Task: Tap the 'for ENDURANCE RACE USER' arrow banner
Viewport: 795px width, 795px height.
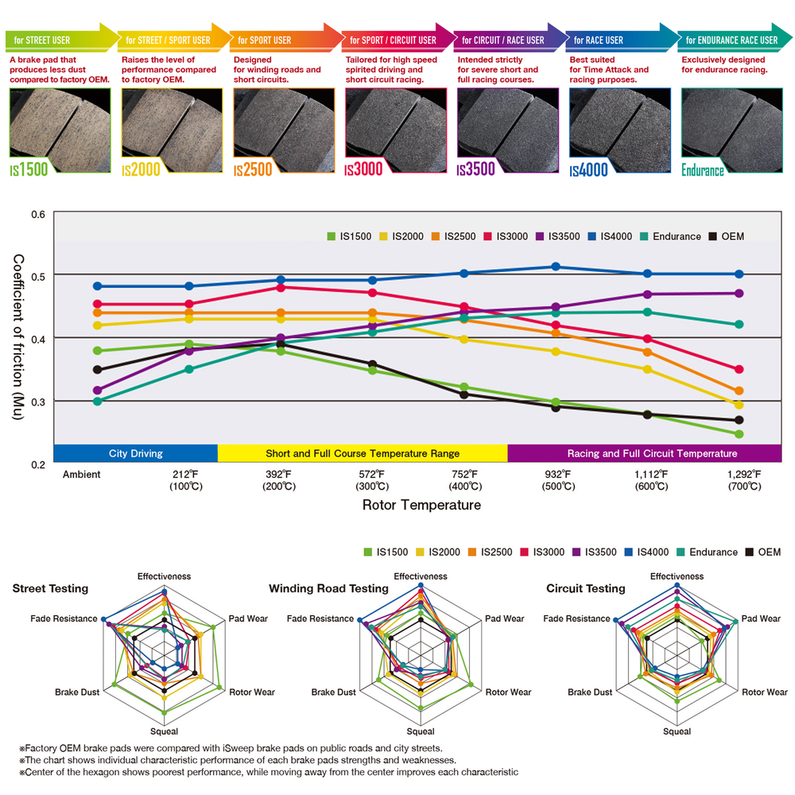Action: [731, 40]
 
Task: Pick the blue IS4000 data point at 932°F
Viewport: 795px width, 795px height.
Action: [556, 267]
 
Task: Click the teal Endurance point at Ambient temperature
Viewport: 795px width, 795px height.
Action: [97, 401]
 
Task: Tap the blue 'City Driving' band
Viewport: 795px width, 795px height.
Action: [135, 453]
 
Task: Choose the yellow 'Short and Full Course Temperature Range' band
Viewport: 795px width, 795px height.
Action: [362, 453]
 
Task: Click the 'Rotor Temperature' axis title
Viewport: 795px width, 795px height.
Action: [421, 505]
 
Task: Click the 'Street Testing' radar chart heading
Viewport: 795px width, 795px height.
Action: [50, 589]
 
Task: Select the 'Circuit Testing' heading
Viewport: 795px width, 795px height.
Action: [586, 589]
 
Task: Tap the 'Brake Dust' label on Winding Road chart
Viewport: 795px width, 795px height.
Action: [334, 692]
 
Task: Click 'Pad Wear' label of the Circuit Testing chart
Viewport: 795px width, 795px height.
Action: [761, 619]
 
